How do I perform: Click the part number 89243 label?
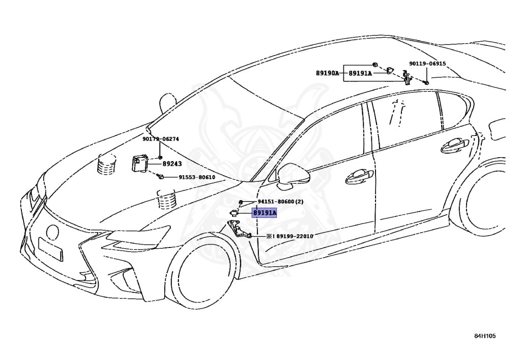tap(172, 164)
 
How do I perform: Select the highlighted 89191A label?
tap(265, 213)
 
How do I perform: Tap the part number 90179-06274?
tap(160, 139)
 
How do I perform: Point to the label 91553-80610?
tap(196, 177)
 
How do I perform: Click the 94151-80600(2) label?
tap(280, 202)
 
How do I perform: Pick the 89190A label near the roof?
tap(327, 73)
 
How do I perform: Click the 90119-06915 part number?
tap(427, 64)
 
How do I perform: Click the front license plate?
tap(50, 249)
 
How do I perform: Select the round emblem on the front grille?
tap(52, 232)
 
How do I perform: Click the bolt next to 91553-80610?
tap(160, 176)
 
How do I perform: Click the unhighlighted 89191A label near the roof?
tap(360, 73)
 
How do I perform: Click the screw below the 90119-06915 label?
tap(426, 81)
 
